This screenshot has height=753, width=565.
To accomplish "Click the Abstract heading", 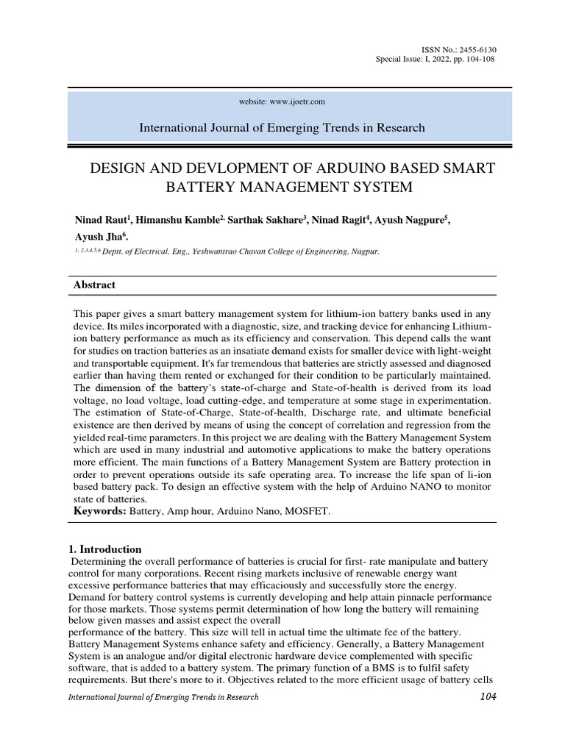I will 94,285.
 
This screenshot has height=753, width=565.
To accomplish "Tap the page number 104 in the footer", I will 486,696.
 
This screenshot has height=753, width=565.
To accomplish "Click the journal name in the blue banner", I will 282,127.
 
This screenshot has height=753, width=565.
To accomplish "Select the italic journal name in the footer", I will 163,697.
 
